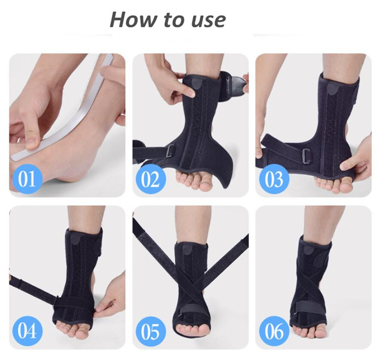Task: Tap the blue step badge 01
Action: point(27,179)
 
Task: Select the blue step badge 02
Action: point(151,179)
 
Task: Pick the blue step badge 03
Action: point(274,179)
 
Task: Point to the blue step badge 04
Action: point(27,331)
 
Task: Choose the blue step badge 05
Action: point(151,331)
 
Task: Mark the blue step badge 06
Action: point(274,331)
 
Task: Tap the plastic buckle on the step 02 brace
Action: point(171,151)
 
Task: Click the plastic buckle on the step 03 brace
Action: point(307,156)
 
